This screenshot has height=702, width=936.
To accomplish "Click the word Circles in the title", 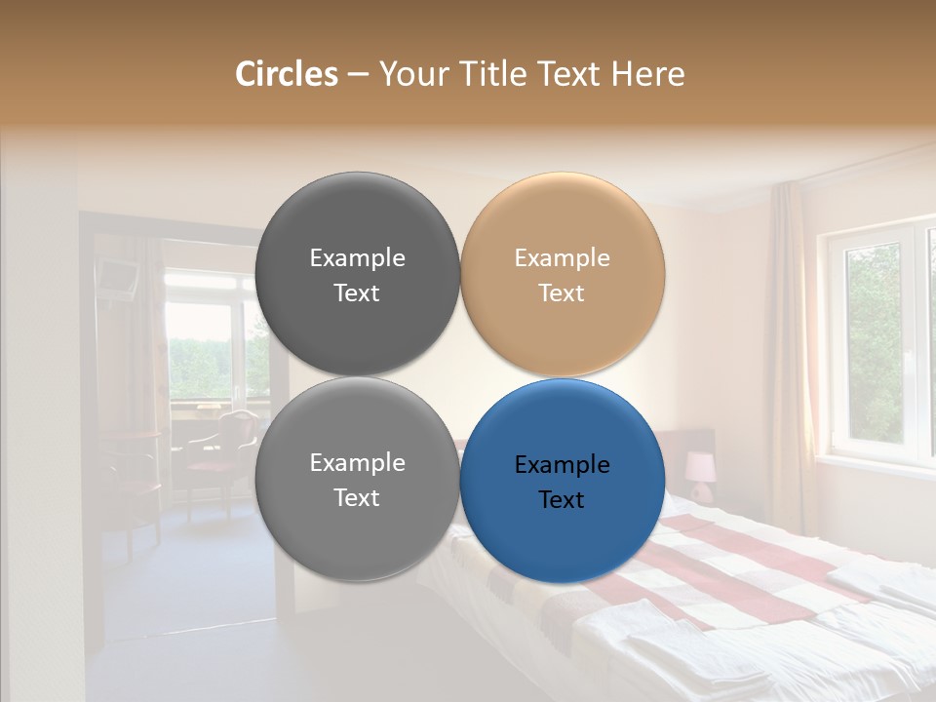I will point(286,74).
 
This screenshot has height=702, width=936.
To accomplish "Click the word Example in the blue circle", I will point(563,465).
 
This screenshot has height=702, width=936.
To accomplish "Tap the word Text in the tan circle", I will point(561,293).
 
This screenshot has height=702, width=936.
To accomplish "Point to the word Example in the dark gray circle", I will point(357,258).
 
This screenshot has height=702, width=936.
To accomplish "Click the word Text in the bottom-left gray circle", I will point(357,498).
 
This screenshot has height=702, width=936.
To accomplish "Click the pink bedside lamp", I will point(699,468).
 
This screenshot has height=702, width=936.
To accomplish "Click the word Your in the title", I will point(411,74).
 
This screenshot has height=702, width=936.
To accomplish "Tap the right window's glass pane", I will point(873,341).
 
